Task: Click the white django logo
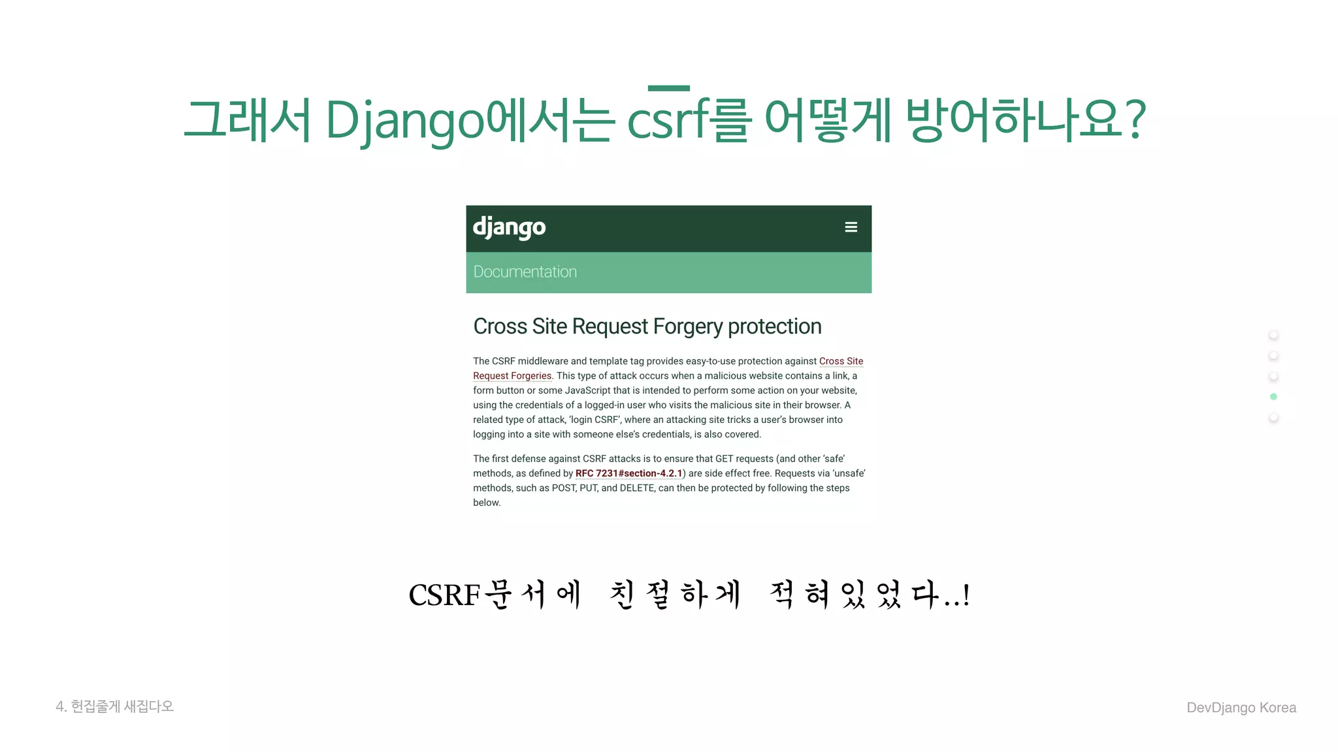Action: pos(509,228)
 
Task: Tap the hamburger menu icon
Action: pos(851,227)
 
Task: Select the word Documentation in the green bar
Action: pos(525,272)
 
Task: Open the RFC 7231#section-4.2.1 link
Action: pos(628,473)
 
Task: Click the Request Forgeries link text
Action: pos(512,376)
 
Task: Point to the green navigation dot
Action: pos(1273,397)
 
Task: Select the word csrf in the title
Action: pos(668,121)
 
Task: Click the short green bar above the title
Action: pos(668,88)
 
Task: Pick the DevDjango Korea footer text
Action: pos(1241,708)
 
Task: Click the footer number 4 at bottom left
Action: pos(60,706)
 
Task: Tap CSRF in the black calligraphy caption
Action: pos(444,595)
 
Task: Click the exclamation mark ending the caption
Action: pos(966,595)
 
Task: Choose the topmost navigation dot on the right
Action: pos(1273,336)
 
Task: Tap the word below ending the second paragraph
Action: pos(486,503)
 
